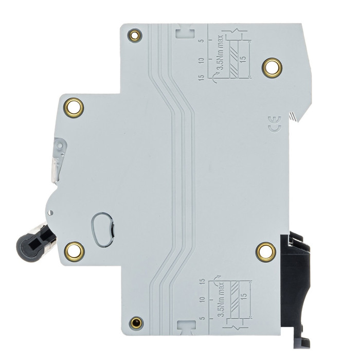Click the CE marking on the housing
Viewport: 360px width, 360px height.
pos(275,124)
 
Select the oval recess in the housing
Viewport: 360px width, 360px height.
pos(102,229)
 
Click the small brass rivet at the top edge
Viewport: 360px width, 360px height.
pos(135,35)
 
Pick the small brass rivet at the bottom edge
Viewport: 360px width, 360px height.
pos(136,323)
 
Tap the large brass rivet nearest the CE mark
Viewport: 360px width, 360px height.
pos(272,68)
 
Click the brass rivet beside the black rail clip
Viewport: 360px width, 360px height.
pos(266,252)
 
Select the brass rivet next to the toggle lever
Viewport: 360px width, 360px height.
pos(74,251)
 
